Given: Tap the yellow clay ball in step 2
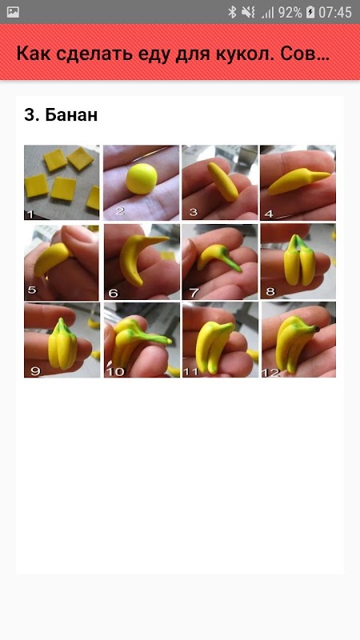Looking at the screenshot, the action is (x=142, y=178).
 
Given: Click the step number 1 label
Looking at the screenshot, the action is (x=30, y=214).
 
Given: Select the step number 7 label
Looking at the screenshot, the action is (x=194, y=292).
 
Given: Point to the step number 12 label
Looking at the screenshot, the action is (x=271, y=371).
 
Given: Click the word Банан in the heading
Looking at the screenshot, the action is (x=71, y=115).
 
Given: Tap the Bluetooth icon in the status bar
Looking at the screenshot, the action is (x=232, y=12).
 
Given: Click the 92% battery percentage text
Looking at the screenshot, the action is (x=290, y=12).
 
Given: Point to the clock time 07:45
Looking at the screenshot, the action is (x=335, y=12).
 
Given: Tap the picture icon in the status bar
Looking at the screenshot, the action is (x=13, y=12).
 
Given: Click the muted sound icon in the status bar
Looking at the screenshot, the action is (x=248, y=12).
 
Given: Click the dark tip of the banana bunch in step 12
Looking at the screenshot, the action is (x=317, y=328).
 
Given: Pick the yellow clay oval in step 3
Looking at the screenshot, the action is (x=223, y=182).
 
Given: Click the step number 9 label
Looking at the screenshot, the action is (x=35, y=371).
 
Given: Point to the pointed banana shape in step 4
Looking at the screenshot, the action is (x=298, y=182).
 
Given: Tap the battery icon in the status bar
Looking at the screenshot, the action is (x=310, y=12).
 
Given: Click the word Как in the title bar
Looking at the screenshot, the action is (x=34, y=54).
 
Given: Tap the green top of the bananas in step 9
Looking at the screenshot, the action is (x=62, y=326).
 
